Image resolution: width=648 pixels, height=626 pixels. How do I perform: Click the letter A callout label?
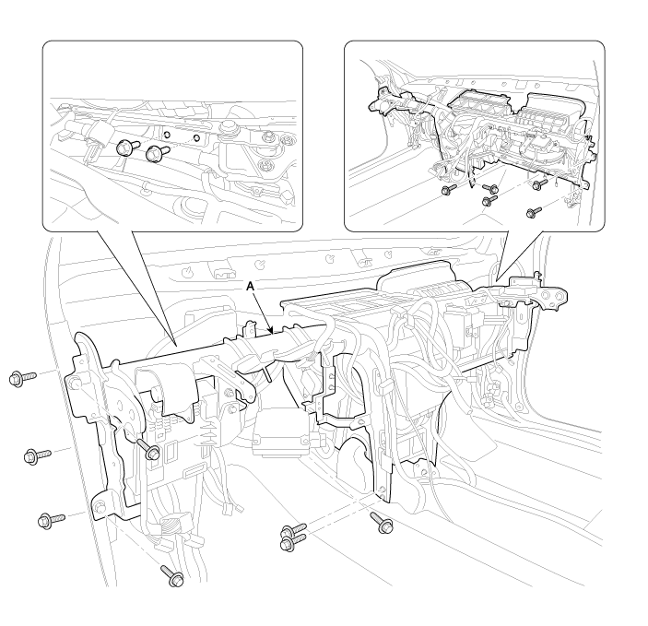249,286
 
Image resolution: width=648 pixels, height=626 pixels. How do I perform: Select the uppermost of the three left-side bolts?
22,378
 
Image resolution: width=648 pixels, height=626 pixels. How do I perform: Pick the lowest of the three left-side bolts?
52,520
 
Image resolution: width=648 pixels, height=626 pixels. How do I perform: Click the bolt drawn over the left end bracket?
148,449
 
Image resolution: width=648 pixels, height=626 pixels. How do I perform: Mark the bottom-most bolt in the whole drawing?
172,576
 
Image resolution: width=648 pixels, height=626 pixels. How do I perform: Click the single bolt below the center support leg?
382,523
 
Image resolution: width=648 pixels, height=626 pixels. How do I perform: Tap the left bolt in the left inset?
124,148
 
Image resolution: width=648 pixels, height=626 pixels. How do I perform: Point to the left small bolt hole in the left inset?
167,135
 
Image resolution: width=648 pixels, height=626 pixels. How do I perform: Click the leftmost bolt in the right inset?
449,189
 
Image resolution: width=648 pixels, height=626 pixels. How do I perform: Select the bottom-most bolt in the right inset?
534,212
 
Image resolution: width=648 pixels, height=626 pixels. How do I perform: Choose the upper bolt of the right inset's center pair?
490,189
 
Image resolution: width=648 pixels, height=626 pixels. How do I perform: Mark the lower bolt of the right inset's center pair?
490,201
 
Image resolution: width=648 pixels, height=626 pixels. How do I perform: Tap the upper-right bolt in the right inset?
540,184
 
